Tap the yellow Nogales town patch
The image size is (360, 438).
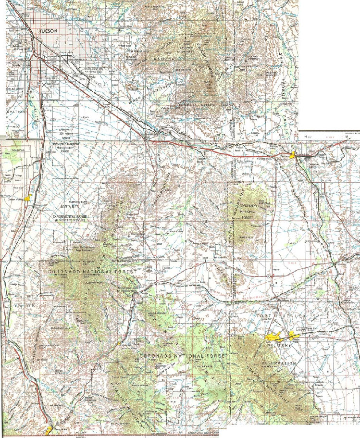(50, 429)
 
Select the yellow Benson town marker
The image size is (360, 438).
(299, 158)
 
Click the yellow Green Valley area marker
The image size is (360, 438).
(29, 197)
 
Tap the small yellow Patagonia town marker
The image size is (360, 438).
(119, 343)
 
